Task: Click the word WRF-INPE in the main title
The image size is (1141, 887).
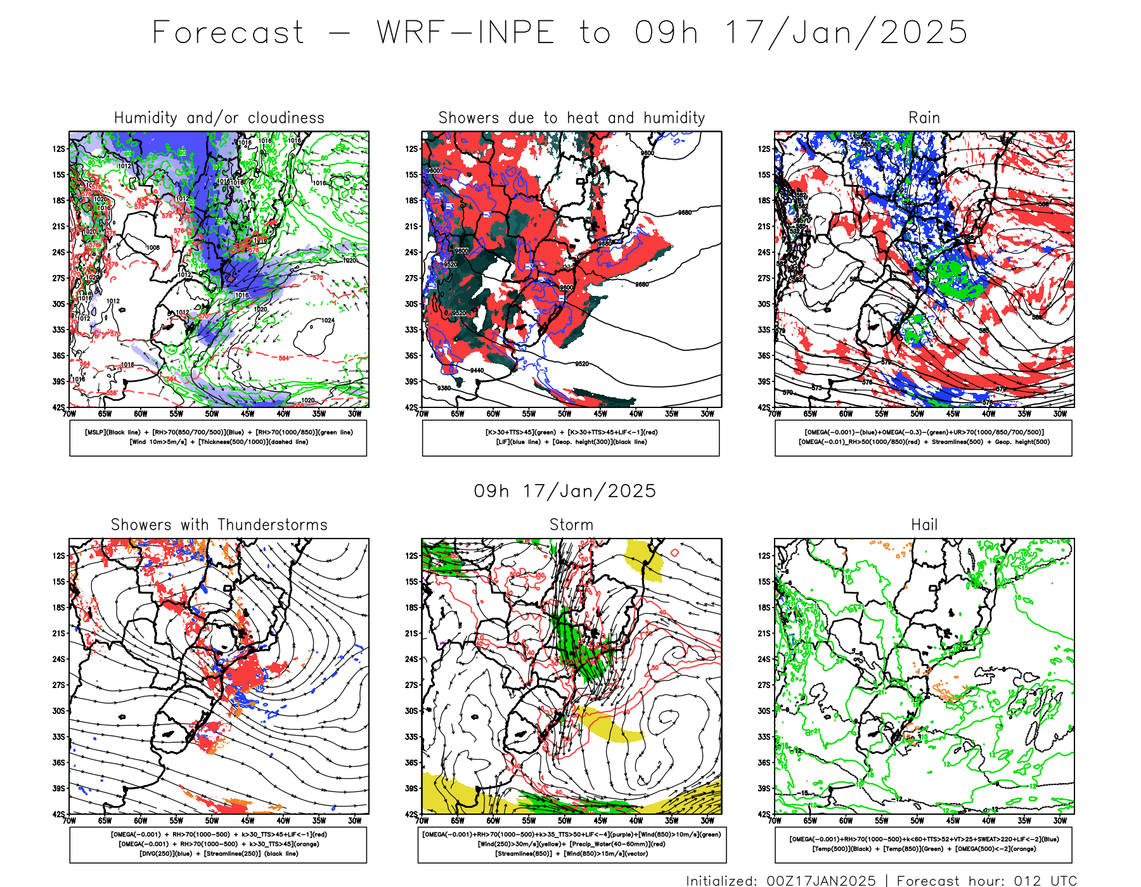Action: click(466, 33)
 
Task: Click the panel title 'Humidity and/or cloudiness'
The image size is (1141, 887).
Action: click(219, 118)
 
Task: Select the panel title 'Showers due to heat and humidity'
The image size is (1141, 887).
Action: click(571, 118)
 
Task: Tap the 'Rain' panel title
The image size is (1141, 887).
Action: click(924, 118)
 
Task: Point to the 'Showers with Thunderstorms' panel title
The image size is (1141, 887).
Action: click(219, 525)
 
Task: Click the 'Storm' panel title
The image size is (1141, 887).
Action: click(571, 525)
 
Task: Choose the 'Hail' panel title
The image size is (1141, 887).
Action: click(924, 525)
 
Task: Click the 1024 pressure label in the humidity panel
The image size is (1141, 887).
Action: click(328, 321)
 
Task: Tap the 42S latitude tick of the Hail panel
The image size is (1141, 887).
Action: click(764, 814)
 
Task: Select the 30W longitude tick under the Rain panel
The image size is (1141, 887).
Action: click(1060, 414)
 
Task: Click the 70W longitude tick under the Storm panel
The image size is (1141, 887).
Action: click(422, 820)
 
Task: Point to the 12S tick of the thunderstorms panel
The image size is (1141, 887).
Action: click(59, 556)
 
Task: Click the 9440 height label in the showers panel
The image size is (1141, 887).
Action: click(477, 371)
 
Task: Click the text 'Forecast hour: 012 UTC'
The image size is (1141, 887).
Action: click(986, 880)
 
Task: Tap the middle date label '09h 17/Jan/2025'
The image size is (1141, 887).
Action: click(565, 491)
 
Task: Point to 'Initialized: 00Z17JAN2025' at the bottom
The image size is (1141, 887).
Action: click(780, 880)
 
